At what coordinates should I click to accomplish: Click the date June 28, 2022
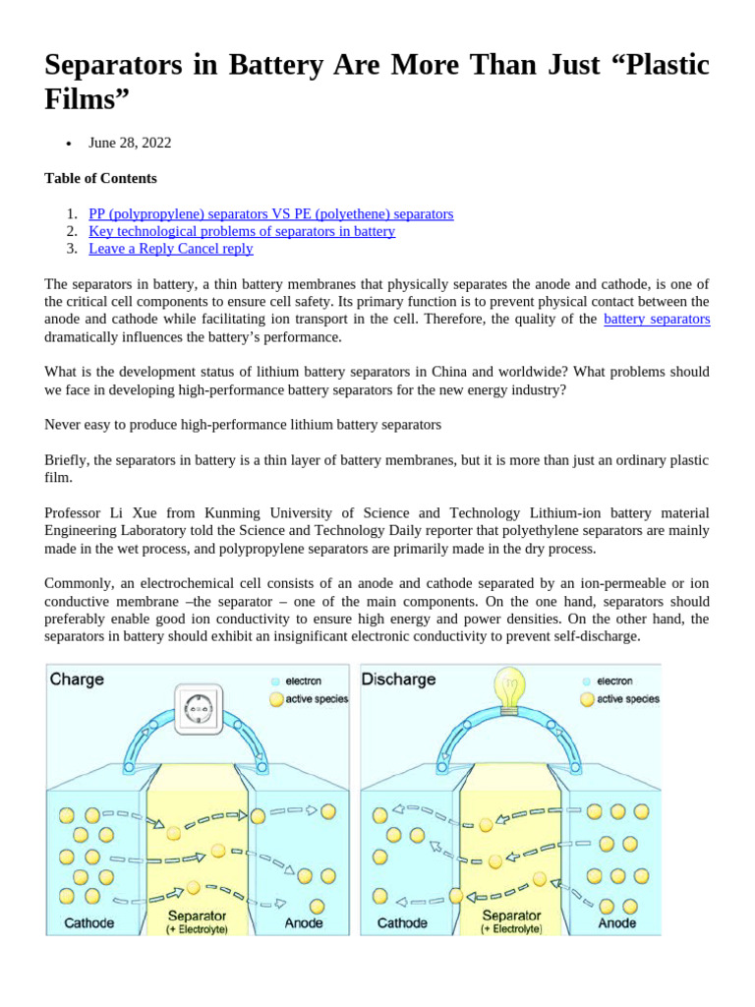click(130, 143)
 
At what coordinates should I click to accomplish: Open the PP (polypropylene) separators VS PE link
click(270, 213)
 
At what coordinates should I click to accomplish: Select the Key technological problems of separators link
click(242, 231)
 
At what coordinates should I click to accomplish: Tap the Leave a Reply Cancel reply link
click(171, 249)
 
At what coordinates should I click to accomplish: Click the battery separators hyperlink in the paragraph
click(657, 319)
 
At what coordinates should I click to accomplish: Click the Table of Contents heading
click(100, 178)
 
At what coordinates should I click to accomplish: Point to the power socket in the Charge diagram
click(200, 707)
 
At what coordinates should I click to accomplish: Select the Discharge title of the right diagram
click(399, 680)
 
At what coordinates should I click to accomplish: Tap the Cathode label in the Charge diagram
click(88, 923)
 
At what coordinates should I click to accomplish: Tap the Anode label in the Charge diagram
click(303, 923)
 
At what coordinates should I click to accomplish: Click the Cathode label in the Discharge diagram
click(403, 923)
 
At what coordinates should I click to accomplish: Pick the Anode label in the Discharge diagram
click(616, 923)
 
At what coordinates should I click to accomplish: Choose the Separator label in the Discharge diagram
click(511, 915)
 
